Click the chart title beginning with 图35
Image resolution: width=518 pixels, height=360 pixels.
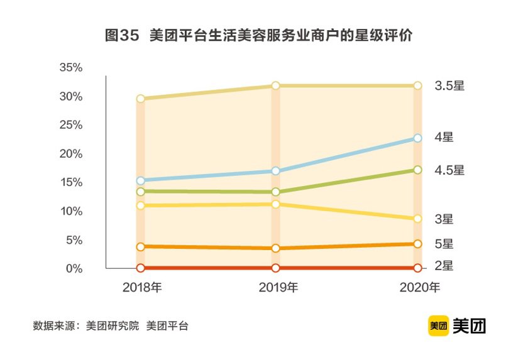coord(258,36)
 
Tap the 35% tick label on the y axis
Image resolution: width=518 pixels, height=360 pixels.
coord(71,67)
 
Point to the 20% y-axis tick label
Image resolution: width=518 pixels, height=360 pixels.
coord(71,154)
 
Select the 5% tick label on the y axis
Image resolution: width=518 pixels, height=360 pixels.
coord(74,240)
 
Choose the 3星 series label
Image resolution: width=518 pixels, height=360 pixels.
coord(444,219)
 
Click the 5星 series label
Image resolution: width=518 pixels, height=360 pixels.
coord(444,244)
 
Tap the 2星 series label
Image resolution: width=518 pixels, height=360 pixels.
coord(444,266)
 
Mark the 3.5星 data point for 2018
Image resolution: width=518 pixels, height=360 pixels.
coord(140,99)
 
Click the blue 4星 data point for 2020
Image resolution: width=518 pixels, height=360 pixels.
coord(417,138)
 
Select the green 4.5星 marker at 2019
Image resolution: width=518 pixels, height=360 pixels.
coord(276,192)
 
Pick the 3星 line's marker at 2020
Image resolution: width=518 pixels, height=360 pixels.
coord(417,219)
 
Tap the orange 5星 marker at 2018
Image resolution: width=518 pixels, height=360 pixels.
coord(140,247)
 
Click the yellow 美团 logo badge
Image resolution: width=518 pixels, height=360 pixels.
coord(438,325)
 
